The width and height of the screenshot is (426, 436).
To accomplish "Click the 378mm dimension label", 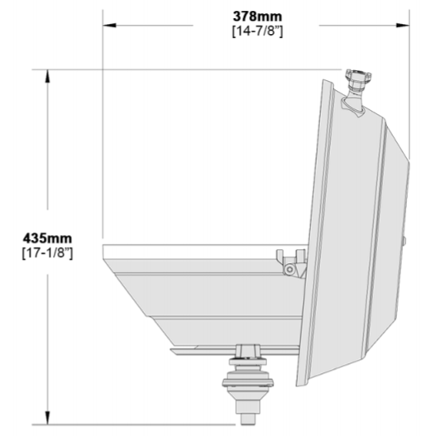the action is (x=257, y=17).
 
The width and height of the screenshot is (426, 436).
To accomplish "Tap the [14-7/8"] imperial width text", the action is (x=257, y=31).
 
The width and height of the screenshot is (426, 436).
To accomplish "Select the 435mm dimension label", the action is (x=47, y=238).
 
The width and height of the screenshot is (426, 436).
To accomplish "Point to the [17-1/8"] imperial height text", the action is (x=47, y=253).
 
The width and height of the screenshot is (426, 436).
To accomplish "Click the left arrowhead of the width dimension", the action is (x=109, y=26).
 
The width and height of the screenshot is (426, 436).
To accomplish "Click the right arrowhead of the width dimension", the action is (x=403, y=26).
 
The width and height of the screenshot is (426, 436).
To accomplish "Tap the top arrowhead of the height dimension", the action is (x=48, y=76).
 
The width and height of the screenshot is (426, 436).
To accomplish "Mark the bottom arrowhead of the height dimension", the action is (x=48, y=418).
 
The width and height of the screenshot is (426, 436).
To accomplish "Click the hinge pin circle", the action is (x=290, y=269).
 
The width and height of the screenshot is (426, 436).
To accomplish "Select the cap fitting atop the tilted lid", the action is (x=358, y=75).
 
